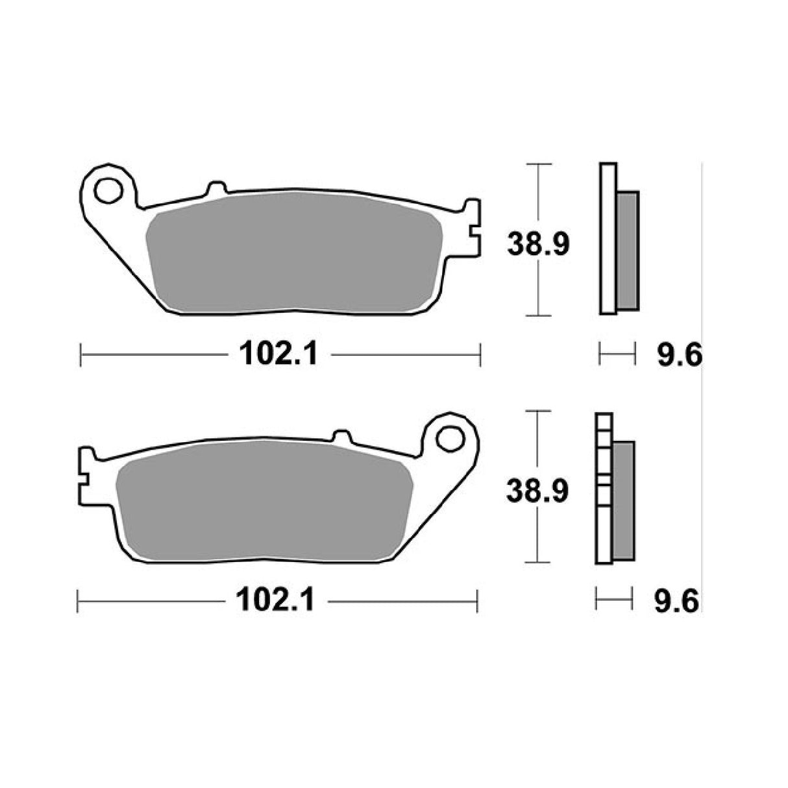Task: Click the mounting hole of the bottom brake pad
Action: coord(448,439)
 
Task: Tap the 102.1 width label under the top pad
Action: coord(278,354)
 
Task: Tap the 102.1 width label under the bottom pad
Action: coord(275,601)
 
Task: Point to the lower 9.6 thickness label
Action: coord(676,602)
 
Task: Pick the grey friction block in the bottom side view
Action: coord(624,500)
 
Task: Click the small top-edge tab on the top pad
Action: coord(217,188)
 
